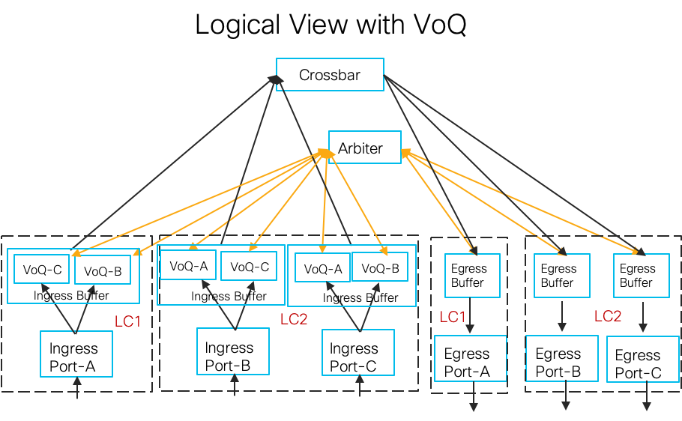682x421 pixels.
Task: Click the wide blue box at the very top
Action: (330, 74)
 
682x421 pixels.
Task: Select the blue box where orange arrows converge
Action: (364, 147)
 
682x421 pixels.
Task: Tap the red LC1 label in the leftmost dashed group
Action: (127, 321)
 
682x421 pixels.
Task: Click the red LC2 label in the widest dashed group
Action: (294, 319)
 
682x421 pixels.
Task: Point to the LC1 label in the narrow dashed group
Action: (453, 317)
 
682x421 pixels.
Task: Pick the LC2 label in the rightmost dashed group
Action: (608, 316)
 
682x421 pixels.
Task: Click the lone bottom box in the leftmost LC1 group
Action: (76, 354)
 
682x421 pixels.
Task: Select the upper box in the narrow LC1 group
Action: (472, 276)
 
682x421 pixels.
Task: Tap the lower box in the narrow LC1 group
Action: (471, 358)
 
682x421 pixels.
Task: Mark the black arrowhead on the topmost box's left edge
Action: (275, 78)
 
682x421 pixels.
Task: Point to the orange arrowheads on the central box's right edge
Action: (405, 154)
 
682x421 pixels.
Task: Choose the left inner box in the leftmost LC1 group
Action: (41, 269)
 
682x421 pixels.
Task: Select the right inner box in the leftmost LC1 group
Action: (103, 270)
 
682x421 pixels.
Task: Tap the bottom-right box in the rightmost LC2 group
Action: (642, 359)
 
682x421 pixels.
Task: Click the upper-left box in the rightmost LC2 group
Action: (561, 276)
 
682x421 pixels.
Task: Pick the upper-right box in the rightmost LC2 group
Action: (641, 276)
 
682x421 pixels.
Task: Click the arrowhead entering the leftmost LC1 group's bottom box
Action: (76, 381)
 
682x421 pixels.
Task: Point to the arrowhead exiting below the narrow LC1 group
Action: (474, 407)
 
